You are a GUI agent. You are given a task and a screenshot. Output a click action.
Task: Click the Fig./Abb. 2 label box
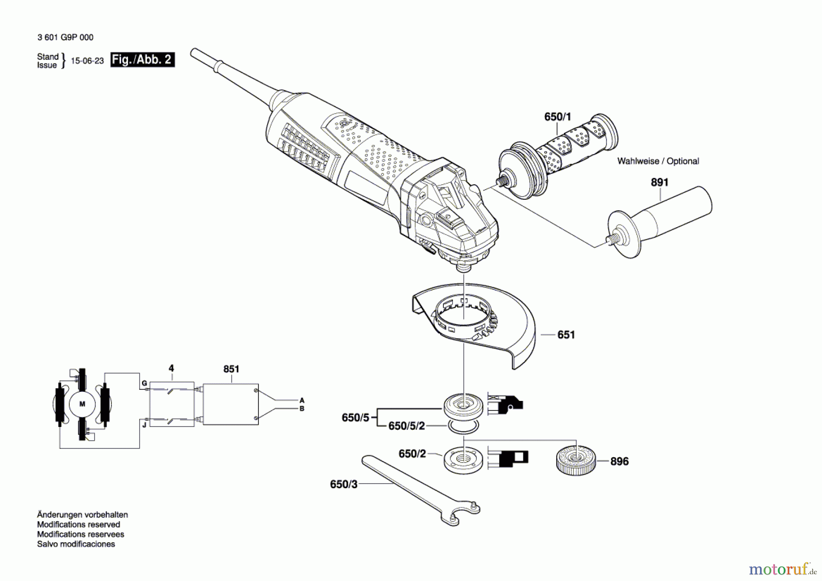142,60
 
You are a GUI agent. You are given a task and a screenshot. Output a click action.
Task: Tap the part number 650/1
557,117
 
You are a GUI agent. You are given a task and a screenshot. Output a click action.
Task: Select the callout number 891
659,182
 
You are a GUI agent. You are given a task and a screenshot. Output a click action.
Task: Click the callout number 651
566,335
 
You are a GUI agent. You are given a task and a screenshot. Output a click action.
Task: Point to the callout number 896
619,462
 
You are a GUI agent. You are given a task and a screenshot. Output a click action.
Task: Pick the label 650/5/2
406,426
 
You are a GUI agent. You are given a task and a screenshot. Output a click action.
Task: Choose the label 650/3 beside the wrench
343,484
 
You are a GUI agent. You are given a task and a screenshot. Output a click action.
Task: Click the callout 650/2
412,454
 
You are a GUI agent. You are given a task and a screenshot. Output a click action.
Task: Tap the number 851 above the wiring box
231,369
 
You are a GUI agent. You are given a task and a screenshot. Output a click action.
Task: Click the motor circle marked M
82,404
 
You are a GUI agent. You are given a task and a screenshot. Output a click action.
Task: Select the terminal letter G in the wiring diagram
144,383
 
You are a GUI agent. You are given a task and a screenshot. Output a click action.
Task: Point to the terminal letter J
144,425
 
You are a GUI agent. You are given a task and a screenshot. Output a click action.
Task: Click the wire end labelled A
301,400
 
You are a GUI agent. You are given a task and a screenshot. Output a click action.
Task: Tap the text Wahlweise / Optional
658,161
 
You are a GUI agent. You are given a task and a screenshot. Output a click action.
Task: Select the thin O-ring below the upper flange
463,427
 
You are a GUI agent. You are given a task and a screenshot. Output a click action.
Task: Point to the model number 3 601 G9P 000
65,37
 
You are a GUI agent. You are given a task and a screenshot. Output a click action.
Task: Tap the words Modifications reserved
79,525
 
